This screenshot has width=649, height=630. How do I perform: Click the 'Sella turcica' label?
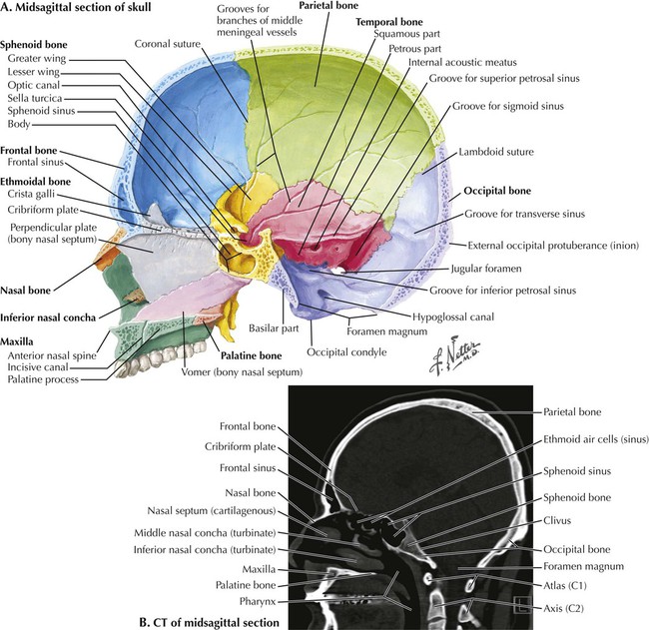tap(33, 99)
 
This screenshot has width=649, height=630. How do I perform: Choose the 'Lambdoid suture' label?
tap(505, 153)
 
